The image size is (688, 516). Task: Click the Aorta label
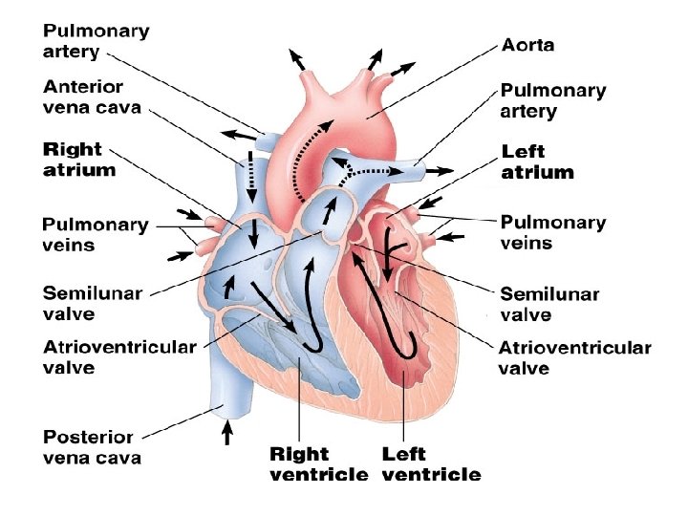[x=527, y=45]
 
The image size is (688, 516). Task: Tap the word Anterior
[x=84, y=86]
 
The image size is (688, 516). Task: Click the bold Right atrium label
[x=79, y=161]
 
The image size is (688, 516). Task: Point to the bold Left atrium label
[x=538, y=162]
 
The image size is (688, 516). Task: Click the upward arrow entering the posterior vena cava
[x=226, y=434]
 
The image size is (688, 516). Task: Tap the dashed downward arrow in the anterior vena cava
[x=252, y=172]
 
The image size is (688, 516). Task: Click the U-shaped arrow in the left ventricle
[x=398, y=306]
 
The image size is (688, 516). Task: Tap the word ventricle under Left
[x=431, y=475]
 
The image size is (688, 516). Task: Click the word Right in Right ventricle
[x=299, y=454]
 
